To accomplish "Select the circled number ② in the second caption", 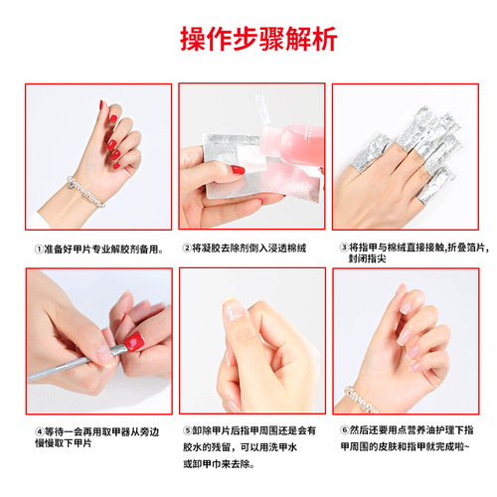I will pyautogui.click(x=188, y=248).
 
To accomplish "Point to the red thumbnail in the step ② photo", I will pyautogui.click(x=239, y=171).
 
